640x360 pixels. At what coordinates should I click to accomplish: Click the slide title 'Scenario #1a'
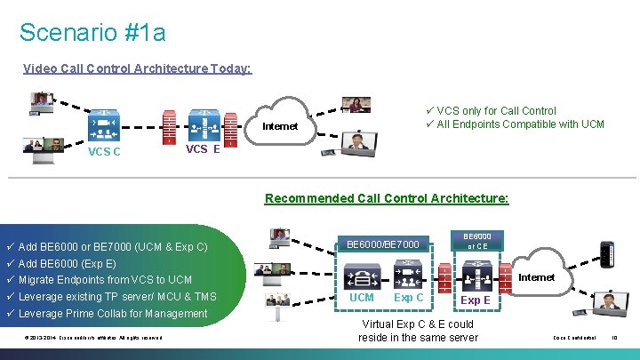(92, 33)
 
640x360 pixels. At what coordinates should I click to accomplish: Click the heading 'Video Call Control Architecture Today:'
(138, 68)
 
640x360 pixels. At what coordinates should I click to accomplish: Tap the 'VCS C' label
(104, 151)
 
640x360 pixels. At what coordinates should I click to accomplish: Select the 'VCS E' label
(203, 149)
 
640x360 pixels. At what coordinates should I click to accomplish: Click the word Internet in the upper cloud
(280, 126)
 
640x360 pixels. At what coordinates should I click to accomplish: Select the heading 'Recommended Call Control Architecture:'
(387, 197)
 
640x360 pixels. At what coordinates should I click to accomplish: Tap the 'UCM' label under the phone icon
(362, 297)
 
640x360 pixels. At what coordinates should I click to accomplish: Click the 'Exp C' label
(409, 297)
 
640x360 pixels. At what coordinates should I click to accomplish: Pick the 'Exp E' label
(475, 300)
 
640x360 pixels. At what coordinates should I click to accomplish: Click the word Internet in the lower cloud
(536, 277)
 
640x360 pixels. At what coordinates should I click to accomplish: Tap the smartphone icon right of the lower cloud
(606, 254)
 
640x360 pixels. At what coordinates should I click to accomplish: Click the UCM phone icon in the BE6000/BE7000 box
(362, 272)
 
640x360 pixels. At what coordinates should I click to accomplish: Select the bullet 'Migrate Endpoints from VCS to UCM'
(105, 280)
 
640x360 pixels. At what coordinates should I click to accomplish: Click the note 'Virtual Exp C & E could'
(418, 324)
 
